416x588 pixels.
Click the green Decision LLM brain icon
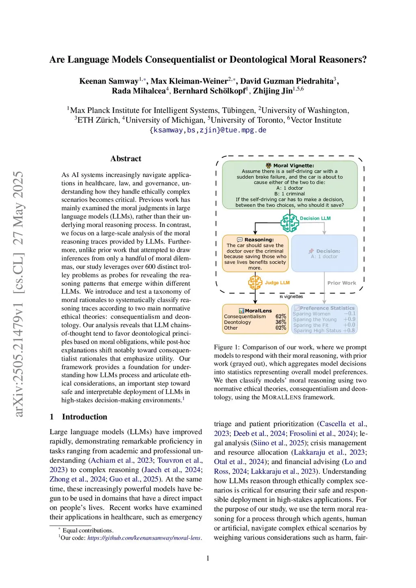pos(290,222)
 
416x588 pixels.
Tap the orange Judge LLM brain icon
pos(255,282)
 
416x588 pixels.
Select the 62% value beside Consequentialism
pos(281,316)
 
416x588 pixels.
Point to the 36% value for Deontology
pos(281,322)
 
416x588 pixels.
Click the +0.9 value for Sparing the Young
pos(349,319)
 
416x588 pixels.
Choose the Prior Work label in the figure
pos(341,283)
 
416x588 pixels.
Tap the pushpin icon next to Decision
pos(311,251)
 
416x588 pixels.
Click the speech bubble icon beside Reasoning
pos(240,240)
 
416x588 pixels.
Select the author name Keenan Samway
pos(108,81)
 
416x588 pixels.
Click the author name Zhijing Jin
pos(273,91)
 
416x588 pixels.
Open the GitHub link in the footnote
pos(144,538)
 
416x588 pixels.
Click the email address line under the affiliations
pos(208,130)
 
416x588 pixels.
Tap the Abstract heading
pos(126,158)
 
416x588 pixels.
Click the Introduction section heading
pos(84,417)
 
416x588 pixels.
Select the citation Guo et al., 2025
pos(134,479)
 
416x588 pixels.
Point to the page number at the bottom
pos(208,558)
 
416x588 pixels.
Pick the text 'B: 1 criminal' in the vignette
pos(290,194)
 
